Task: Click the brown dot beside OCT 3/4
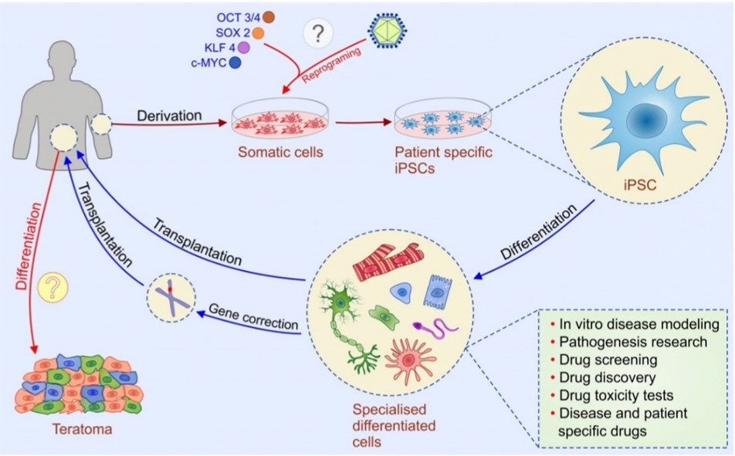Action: point(268,17)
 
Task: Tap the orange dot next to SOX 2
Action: point(258,33)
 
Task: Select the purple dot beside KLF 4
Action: point(244,47)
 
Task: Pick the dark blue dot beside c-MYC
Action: point(235,62)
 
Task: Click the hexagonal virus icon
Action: point(388,30)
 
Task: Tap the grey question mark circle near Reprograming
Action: point(318,33)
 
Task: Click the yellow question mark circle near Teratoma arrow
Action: point(52,288)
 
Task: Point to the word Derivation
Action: point(169,115)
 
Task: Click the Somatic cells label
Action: point(280,152)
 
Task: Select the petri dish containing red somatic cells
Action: point(281,119)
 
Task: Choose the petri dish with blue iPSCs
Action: point(443,117)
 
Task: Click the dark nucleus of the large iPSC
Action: point(646,121)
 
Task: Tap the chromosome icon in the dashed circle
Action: point(171,298)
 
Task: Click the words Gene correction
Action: point(253,316)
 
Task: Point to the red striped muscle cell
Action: point(388,262)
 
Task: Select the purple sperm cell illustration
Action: point(435,327)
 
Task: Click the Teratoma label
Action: point(82,429)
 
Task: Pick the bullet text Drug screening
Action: point(608,360)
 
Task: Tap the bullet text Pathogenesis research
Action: point(633,342)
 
